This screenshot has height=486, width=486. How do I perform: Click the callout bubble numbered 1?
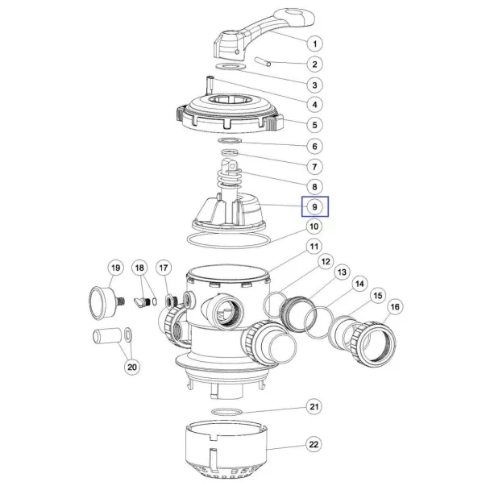click(x=314, y=44)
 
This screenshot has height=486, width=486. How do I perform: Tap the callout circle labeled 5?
click(x=314, y=125)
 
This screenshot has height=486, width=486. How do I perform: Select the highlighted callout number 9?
click(x=315, y=207)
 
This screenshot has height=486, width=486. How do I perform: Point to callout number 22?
click(x=314, y=444)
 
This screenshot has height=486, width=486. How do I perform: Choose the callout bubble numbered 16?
click(x=395, y=307)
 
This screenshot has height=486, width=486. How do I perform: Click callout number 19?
click(x=115, y=268)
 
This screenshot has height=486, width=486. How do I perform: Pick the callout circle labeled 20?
click(x=132, y=367)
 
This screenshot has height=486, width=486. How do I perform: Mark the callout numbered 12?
click(x=326, y=262)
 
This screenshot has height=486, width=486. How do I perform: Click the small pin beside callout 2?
click(x=263, y=61)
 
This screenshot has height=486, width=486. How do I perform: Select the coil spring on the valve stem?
click(x=230, y=179)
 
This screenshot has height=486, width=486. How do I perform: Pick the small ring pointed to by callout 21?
click(x=226, y=412)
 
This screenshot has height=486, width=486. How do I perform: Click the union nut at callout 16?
click(x=374, y=343)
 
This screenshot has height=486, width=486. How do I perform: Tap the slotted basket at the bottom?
click(x=226, y=451)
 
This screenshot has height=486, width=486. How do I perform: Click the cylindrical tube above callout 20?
click(x=107, y=336)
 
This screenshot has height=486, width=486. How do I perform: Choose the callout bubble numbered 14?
click(x=359, y=284)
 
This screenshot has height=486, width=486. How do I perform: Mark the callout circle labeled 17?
click(x=164, y=268)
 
